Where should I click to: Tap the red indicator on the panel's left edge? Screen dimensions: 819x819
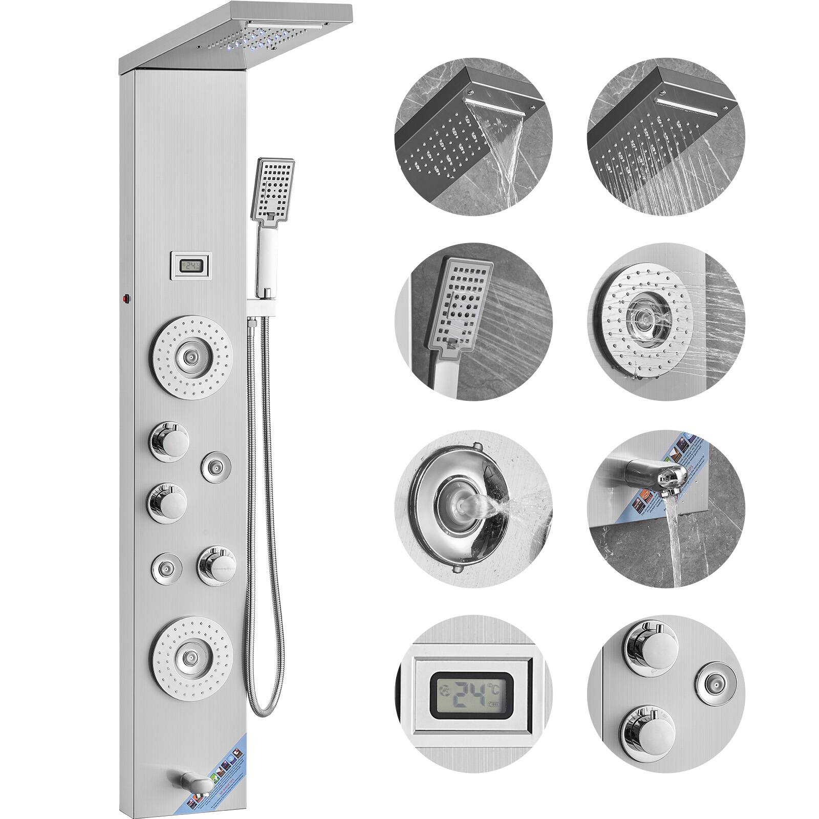pos(124,297)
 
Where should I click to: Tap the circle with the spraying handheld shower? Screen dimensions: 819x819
pos(473,322)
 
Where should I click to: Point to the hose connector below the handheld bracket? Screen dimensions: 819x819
pos(252,321)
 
